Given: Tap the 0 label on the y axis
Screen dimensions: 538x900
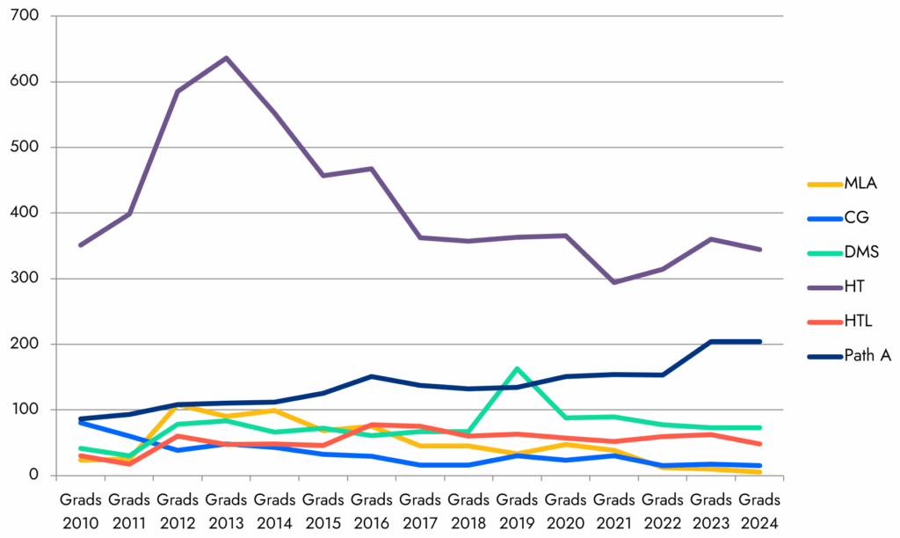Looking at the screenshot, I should coord(38,476).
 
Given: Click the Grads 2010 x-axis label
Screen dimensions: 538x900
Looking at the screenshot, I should coord(81,509).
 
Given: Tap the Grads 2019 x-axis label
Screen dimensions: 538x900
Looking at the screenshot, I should coord(517,509).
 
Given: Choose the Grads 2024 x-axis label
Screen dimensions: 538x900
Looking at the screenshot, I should coord(759,509).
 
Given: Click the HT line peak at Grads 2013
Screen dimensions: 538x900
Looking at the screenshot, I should coord(227,58).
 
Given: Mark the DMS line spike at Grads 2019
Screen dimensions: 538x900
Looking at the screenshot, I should coord(517,368).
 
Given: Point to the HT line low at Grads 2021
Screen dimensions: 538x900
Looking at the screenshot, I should coord(613,282).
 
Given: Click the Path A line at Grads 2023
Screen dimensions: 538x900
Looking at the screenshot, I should coord(711,342).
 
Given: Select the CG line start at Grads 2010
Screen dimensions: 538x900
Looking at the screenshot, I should coord(81,422).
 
